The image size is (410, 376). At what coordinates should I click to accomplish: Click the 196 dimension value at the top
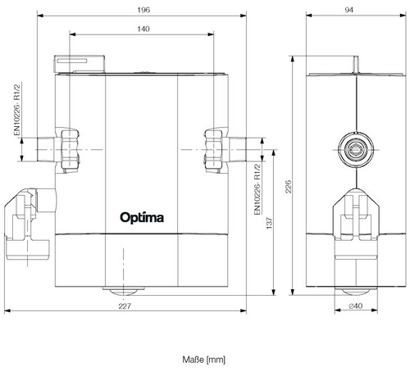click(x=143, y=10)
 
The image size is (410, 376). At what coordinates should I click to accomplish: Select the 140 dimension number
click(x=143, y=29)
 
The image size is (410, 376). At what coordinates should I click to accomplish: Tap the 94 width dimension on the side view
click(x=349, y=10)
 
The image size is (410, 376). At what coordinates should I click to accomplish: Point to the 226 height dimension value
click(x=289, y=187)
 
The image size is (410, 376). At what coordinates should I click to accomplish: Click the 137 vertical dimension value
click(x=270, y=223)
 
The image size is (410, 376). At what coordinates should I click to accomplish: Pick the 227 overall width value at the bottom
click(x=125, y=306)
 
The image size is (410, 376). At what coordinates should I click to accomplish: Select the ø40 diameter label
click(x=356, y=306)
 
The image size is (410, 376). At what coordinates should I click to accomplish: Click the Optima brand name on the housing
click(x=142, y=218)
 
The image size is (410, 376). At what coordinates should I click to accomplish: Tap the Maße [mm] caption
click(x=204, y=360)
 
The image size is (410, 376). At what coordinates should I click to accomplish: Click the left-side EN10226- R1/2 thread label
click(x=17, y=110)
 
